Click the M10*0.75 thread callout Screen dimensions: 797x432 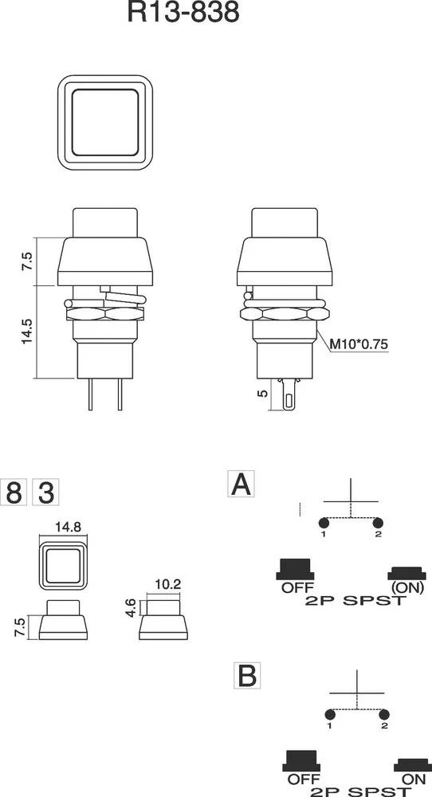(x=361, y=344)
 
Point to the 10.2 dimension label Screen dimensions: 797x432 (x=167, y=584)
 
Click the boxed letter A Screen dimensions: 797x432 (x=241, y=484)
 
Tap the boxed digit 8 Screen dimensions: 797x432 (x=14, y=493)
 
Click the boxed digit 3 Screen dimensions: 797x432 (x=45, y=493)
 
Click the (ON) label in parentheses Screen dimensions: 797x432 (x=406, y=588)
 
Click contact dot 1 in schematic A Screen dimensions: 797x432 (x=324, y=523)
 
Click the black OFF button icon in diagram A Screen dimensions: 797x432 (x=294, y=569)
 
